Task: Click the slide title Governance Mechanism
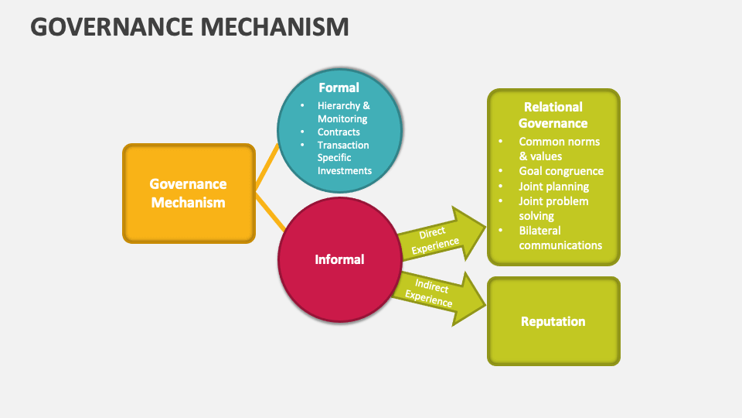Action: (189, 26)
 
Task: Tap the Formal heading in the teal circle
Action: (339, 87)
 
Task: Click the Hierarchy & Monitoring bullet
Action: (343, 112)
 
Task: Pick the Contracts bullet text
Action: (339, 132)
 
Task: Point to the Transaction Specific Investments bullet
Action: (344, 158)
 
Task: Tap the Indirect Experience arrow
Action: (437, 293)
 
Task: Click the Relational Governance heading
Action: (553, 115)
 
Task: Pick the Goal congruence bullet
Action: (560, 171)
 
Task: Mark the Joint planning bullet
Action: (553, 187)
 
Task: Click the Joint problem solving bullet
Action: (553, 208)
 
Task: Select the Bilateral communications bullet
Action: (560, 238)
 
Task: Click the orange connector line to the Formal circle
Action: (267, 166)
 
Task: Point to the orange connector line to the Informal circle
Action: (271, 213)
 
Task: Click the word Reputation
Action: (553, 321)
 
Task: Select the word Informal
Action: (339, 259)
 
